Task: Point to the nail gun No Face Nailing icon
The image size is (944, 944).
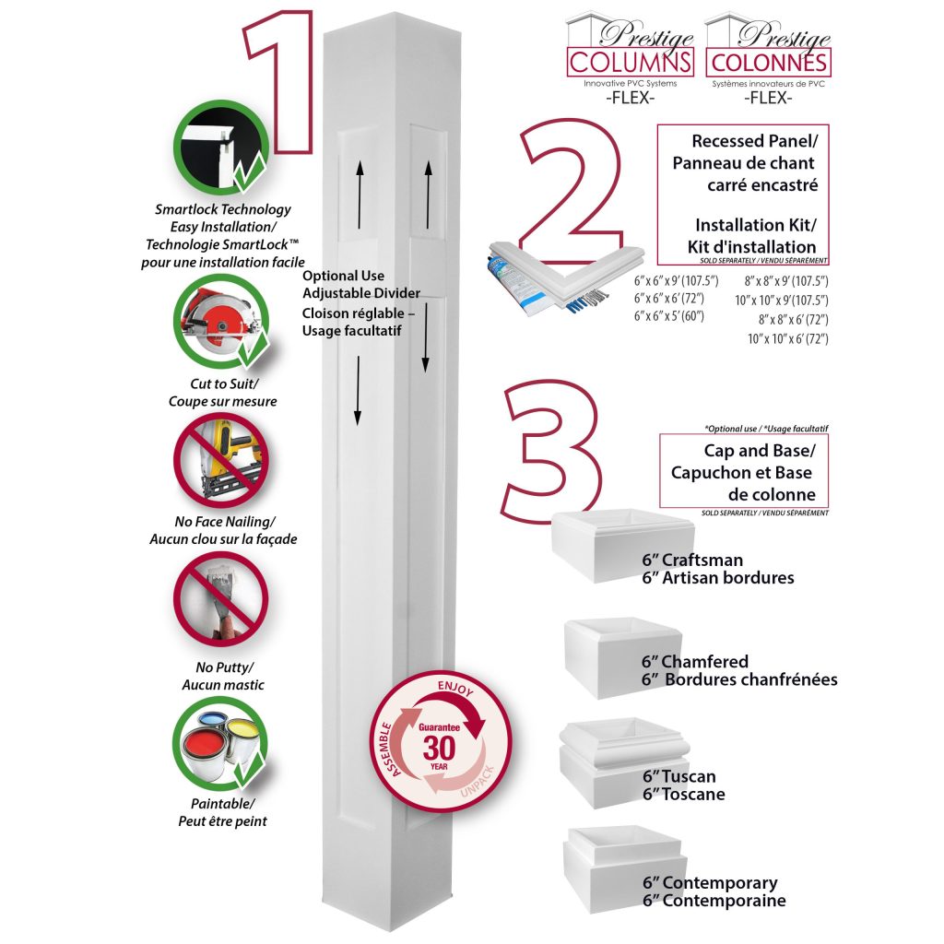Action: click(220, 460)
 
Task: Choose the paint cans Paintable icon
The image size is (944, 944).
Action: click(220, 743)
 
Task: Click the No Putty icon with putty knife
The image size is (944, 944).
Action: click(220, 600)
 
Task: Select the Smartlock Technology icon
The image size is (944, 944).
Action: click(220, 147)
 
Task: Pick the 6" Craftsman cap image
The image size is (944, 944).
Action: click(622, 546)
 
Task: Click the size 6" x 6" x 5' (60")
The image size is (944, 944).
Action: click(668, 316)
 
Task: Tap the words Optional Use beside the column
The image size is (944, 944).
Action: click(343, 276)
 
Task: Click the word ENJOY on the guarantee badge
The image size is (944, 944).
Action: click(458, 690)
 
